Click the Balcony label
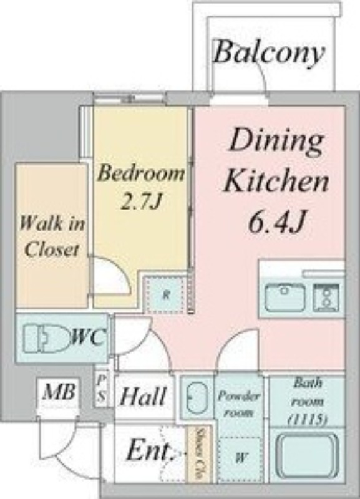[x=270, y=53]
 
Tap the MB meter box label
[x=59, y=392]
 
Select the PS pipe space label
[x=102, y=387]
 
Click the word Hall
[x=144, y=396]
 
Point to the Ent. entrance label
[x=150, y=451]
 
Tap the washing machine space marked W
[x=241, y=458]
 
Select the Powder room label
[x=239, y=404]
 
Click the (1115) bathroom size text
[x=308, y=420]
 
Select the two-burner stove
[x=326, y=298]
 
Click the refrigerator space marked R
[x=165, y=294]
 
